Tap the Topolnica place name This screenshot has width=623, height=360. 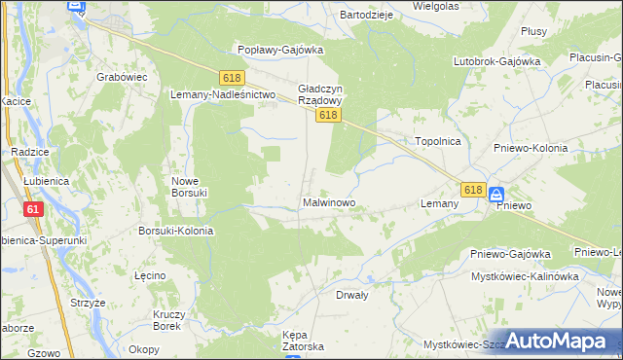click(437, 141)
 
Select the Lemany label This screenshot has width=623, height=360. click(439, 203)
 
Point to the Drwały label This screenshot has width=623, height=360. click(352, 294)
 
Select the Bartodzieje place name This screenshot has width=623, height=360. click(365, 16)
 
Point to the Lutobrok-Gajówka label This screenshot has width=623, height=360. click(496, 61)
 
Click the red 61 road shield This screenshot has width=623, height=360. click(35, 209)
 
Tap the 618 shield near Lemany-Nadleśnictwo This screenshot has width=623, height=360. click(231, 77)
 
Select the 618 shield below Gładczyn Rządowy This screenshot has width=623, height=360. click(328, 116)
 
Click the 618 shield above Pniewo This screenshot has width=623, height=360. click(473, 190)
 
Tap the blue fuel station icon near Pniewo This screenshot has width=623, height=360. click(496, 194)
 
